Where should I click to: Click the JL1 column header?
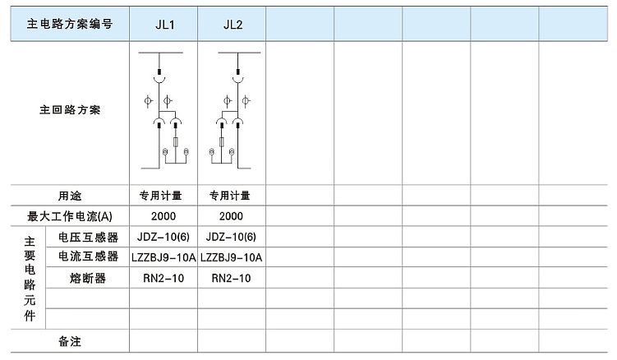click(x=165, y=25)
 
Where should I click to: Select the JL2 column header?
click(x=233, y=25)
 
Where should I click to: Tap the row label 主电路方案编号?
click(x=70, y=24)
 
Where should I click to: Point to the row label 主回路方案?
click(x=70, y=110)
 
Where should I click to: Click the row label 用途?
click(x=70, y=196)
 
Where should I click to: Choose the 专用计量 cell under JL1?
click(x=160, y=196)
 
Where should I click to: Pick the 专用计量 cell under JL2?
click(x=230, y=196)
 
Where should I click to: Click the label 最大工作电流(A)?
click(x=70, y=216)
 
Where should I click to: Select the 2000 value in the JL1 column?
click(x=163, y=216)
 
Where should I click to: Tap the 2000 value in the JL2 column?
click(x=231, y=216)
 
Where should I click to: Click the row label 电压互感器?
click(x=88, y=237)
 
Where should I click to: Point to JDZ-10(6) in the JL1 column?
click(x=163, y=237)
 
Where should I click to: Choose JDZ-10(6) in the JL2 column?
click(x=231, y=237)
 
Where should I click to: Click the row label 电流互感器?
click(x=88, y=256)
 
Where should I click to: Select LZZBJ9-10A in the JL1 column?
click(x=163, y=257)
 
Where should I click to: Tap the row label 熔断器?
click(x=88, y=279)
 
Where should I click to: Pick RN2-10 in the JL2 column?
click(x=232, y=279)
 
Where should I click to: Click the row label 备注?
click(x=70, y=341)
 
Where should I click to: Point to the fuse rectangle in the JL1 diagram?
click(x=176, y=142)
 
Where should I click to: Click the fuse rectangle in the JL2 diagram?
click(x=222, y=142)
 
